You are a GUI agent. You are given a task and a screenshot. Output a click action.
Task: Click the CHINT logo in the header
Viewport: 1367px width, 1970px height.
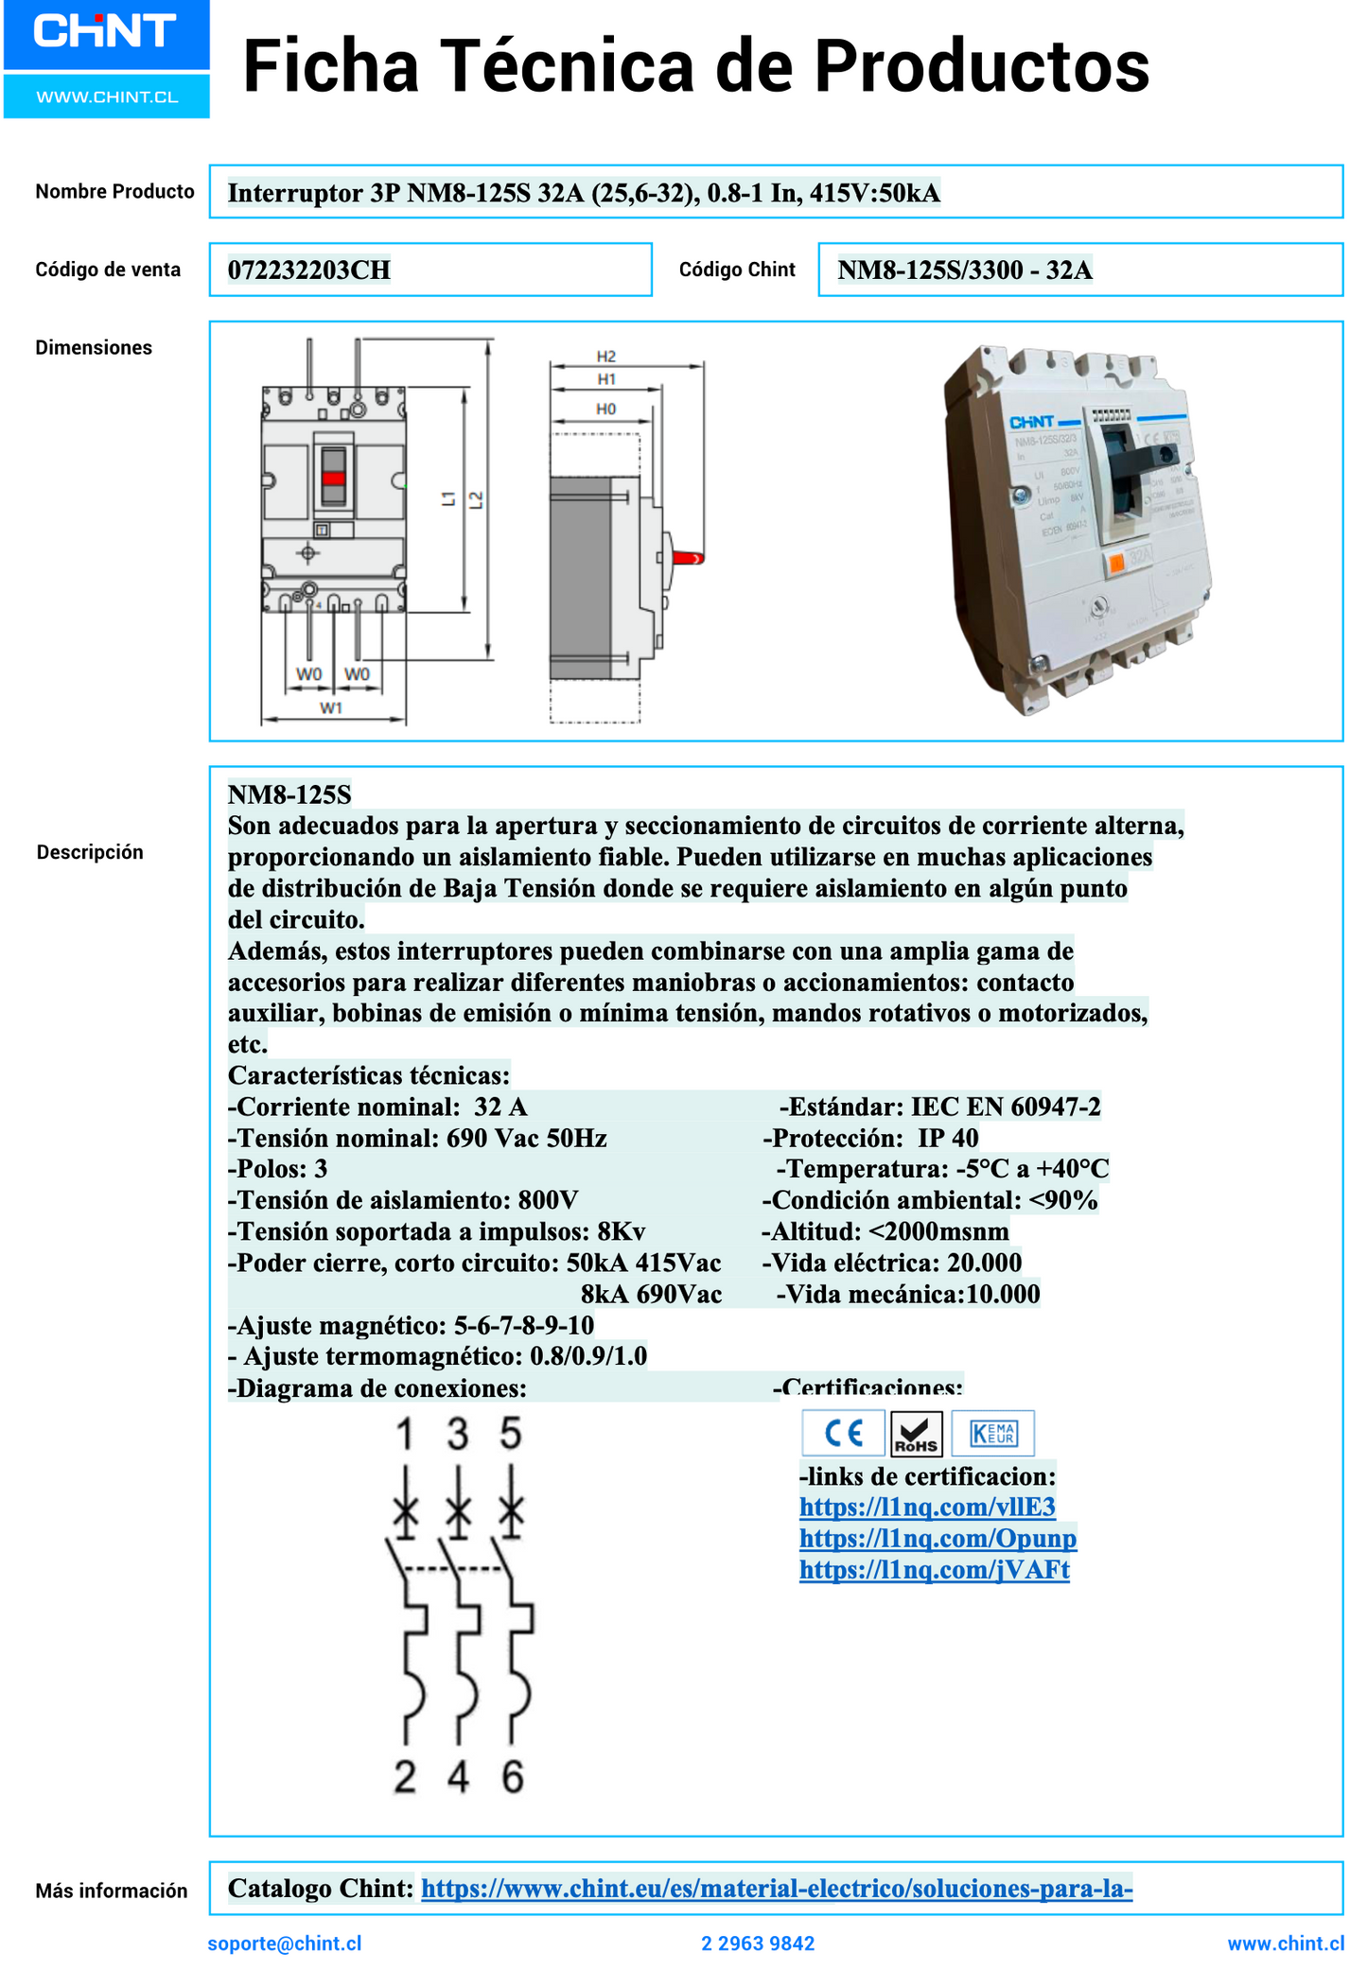pos(105,32)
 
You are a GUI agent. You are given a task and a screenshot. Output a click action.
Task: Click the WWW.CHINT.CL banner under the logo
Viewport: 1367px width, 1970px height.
pos(107,97)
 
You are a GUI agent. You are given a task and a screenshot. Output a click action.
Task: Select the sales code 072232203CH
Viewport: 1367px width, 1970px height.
pos(308,270)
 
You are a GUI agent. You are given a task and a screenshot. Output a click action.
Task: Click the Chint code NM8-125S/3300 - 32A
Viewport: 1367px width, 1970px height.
pos(964,270)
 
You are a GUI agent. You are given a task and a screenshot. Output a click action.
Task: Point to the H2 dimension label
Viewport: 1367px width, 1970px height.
pos(605,357)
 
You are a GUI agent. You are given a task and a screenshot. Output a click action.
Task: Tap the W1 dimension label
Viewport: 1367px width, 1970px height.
pos(330,707)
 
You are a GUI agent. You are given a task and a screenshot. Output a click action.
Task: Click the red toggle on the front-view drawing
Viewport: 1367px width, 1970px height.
pos(333,478)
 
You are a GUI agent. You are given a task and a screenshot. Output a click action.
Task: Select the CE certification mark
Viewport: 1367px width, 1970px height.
pos(843,1433)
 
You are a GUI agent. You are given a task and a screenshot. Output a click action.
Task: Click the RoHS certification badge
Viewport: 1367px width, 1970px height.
pos(916,1434)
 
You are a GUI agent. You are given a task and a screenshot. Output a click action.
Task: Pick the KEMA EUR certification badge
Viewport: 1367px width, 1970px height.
pos(992,1433)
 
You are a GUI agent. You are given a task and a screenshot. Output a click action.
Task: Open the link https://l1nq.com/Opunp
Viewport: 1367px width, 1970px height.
pos(938,1538)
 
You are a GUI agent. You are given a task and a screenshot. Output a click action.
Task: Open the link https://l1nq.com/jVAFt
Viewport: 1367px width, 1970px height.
pos(934,1570)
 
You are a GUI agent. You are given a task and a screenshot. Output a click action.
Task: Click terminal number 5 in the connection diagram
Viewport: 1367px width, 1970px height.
pos(511,1434)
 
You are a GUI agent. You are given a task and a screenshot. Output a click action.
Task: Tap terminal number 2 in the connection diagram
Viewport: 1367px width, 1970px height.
pos(405,1778)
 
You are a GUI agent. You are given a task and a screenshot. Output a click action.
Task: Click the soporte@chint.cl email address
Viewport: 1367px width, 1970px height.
pos(285,1943)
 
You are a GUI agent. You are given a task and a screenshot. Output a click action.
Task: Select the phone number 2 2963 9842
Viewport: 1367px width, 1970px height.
pos(758,1943)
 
